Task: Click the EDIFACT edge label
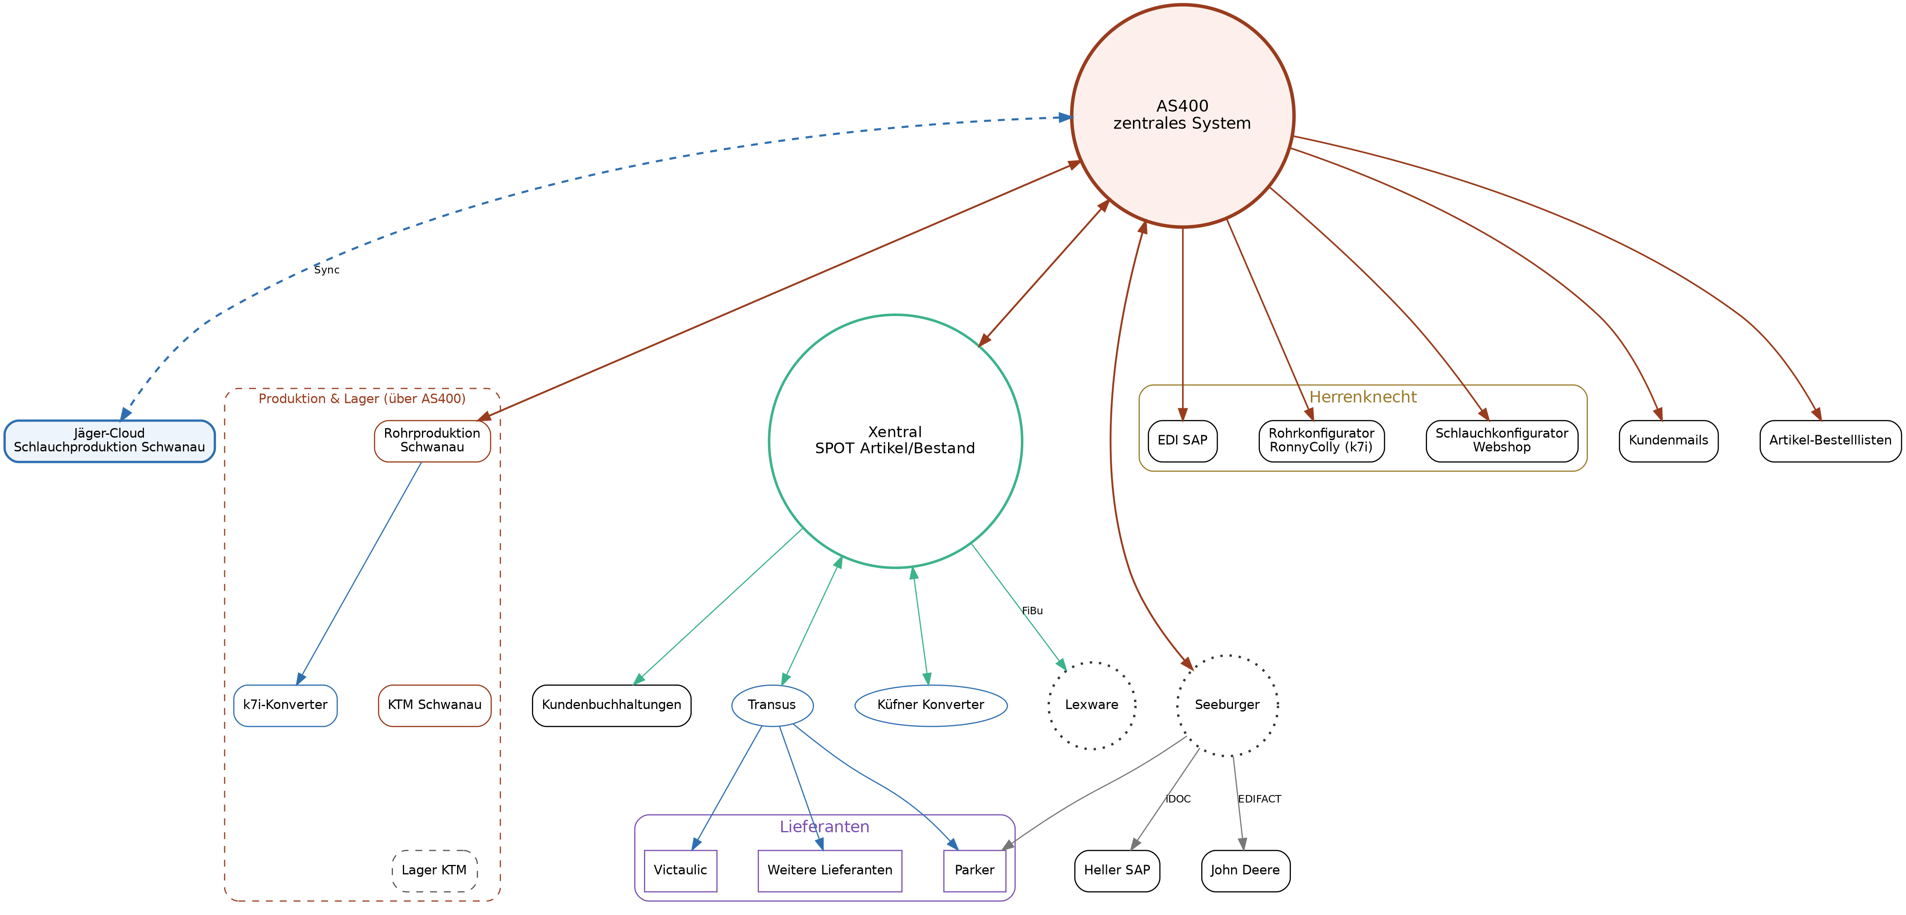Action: [1259, 799]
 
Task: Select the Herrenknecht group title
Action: [1363, 397]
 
